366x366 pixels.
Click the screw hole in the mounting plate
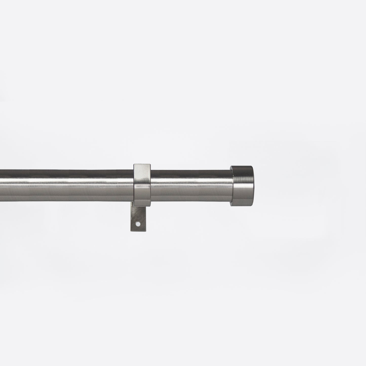(138, 224)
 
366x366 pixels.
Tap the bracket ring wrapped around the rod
(142, 185)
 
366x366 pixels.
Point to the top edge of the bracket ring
(142, 164)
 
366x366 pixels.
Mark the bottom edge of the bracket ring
(142, 206)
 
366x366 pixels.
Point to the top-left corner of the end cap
(230, 166)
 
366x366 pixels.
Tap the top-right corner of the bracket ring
(150, 164)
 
